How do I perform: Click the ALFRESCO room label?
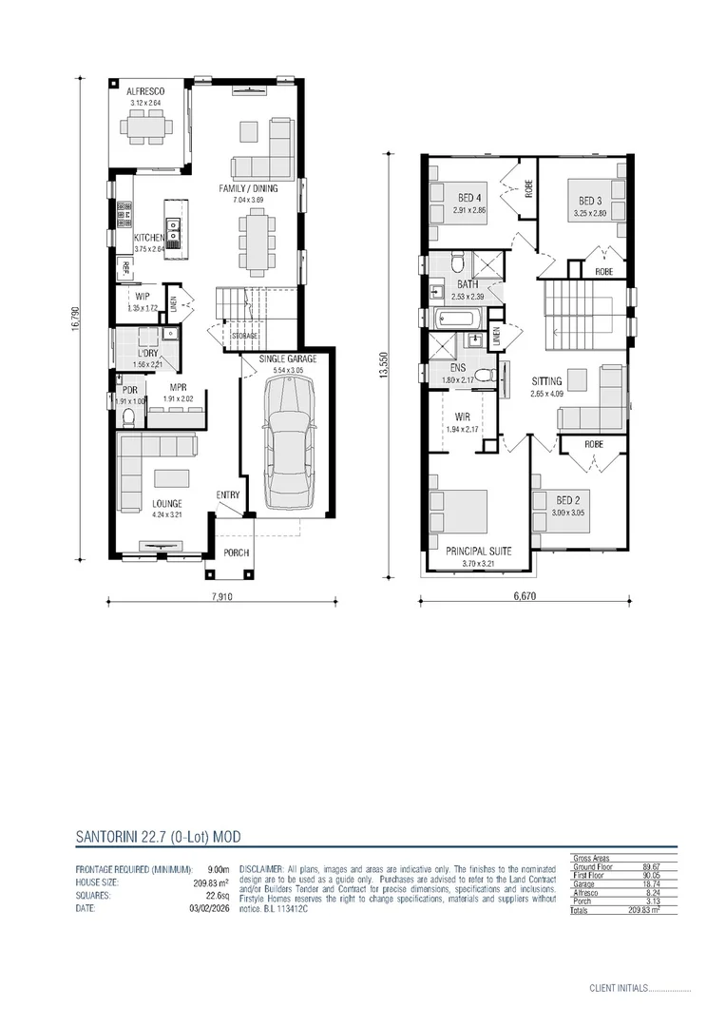click(147, 91)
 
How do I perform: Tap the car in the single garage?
click(286, 440)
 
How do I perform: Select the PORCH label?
click(235, 552)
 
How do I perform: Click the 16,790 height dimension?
click(75, 318)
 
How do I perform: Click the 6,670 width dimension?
click(525, 597)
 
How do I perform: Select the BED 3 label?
click(589, 201)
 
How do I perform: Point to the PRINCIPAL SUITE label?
click(480, 551)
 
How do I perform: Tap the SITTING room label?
click(547, 380)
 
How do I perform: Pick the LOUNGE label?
click(166, 503)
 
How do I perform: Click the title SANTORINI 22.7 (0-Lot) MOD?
click(157, 837)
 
